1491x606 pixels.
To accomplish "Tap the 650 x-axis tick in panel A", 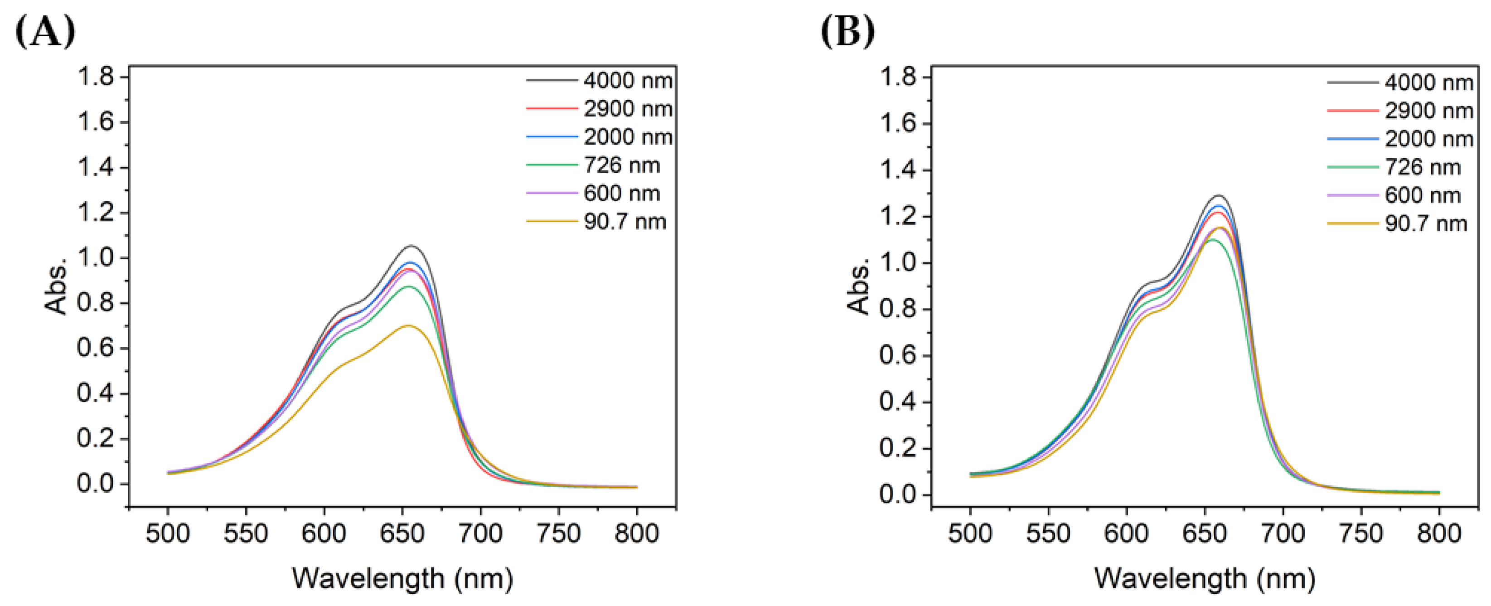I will [x=402, y=533].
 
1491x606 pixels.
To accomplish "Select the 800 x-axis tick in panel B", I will [x=1439, y=533].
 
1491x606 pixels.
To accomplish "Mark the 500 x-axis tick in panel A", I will [x=168, y=533].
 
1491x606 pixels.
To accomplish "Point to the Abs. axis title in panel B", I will [x=858, y=286].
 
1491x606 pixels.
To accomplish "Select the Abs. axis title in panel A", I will [x=56, y=286].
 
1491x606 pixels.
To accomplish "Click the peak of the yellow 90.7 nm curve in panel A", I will [x=408, y=325].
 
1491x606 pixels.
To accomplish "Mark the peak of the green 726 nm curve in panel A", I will [x=409, y=286].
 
